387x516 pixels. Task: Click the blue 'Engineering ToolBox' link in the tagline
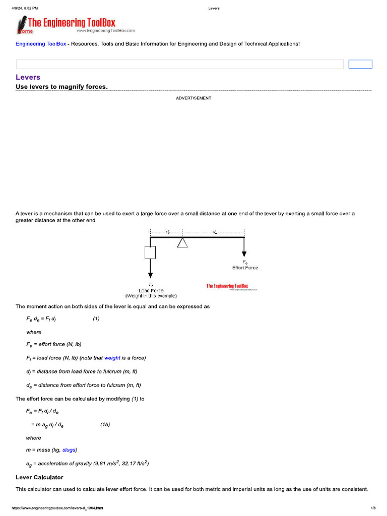click(x=41, y=44)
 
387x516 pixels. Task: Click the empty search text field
click(x=179, y=64)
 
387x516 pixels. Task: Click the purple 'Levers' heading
click(x=28, y=77)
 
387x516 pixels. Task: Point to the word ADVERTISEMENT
click(x=193, y=98)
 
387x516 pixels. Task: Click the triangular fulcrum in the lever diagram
click(x=182, y=243)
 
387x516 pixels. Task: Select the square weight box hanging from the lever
click(x=150, y=252)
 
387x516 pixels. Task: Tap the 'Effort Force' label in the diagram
click(x=245, y=268)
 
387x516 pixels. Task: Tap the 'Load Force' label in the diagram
click(x=151, y=290)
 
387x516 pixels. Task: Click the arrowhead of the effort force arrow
click(x=244, y=254)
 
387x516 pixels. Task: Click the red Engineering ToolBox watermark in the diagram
click(x=227, y=286)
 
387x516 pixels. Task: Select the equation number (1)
click(x=96, y=319)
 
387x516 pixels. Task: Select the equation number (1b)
click(x=105, y=424)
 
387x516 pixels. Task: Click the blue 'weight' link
click(x=112, y=358)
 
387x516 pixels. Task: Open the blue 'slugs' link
click(x=70, y=450)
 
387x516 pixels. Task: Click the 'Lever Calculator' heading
click(x=39, y=477)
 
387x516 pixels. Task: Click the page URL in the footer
click(x=54, y=508)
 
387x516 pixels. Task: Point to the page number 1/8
click(x=373, y=508)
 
